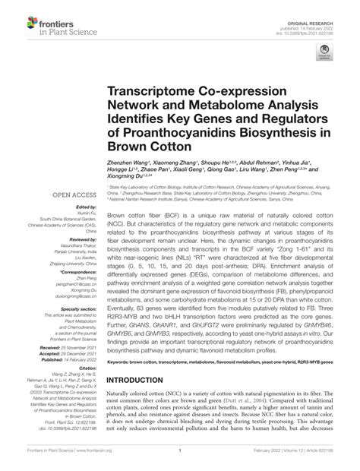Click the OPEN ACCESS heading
coord(72,195)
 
